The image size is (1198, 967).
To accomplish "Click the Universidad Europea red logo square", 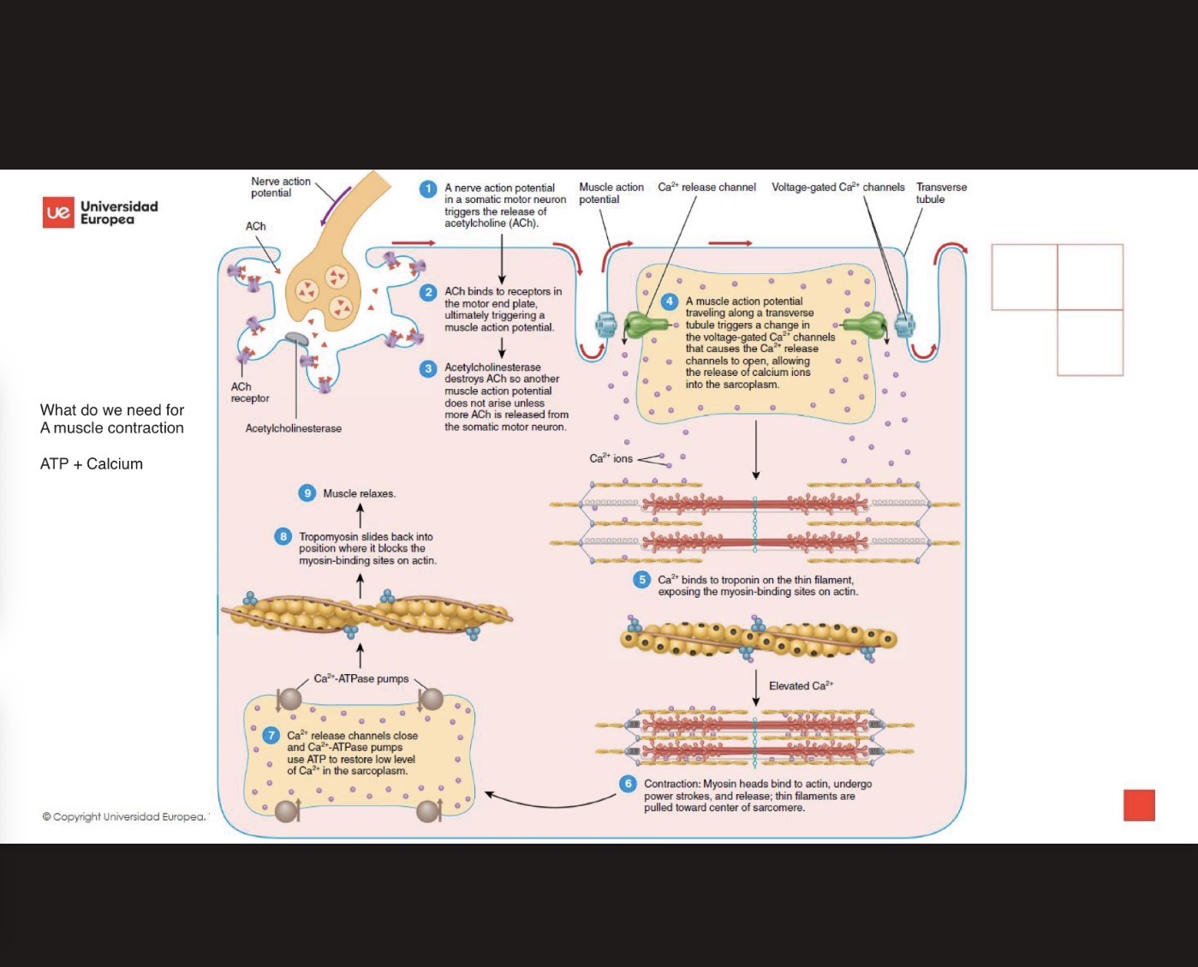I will (58, 212).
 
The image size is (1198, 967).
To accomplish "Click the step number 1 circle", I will (428, 189).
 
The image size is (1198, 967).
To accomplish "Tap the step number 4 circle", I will (670, 301).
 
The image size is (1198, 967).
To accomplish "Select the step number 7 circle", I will (271, 736).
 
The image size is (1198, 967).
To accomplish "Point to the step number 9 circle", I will (307, 493).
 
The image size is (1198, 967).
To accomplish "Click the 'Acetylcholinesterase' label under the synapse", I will (293, 428).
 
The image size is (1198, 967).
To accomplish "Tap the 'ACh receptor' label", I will (249, 392).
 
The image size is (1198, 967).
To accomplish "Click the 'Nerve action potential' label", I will (280, 187).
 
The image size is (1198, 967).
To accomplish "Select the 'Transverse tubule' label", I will (940, 193).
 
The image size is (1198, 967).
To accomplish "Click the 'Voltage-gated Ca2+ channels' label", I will (837, 187).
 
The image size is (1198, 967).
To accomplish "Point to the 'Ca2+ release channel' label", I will (706, 187).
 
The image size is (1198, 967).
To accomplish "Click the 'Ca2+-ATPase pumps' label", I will (361, 678).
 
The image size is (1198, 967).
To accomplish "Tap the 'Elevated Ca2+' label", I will (801, 685).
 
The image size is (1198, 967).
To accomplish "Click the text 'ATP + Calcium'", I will (92, 464).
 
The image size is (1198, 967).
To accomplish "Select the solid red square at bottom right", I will (1139, 805).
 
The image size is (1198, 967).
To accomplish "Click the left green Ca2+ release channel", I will (646, 325).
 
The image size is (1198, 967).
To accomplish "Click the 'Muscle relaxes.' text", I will (359, 493).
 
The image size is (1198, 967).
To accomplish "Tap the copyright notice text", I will (124, 816).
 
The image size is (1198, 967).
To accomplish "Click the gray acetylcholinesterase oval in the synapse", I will (296, 339).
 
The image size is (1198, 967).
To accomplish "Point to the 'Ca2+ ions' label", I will (611, 458).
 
